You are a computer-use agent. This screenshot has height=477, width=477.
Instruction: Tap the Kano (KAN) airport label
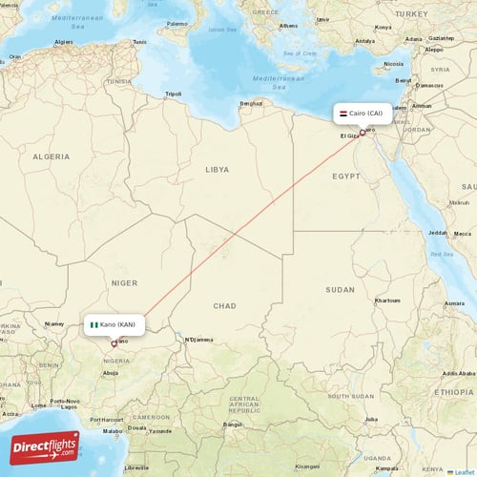pos(118,324)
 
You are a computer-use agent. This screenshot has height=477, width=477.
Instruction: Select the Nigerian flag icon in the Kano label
pos(94,324)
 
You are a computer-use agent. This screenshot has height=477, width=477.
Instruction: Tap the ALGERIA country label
pos(52,156)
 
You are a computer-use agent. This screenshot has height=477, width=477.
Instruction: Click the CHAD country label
pos(225,305)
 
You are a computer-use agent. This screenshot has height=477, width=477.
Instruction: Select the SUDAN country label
pos(340,289)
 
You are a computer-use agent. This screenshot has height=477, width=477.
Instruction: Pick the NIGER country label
pos(125,282)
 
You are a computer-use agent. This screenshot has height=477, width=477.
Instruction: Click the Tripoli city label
pos(173,93)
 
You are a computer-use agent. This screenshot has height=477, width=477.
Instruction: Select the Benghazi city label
pos(251,103)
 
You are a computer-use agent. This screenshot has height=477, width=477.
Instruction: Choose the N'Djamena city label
pos(200,339)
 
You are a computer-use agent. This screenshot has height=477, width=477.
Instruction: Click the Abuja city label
pos(111,373)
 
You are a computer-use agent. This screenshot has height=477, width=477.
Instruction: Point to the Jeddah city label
pos(438,232)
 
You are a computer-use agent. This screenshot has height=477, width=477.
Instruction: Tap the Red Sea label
pos(441,255)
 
